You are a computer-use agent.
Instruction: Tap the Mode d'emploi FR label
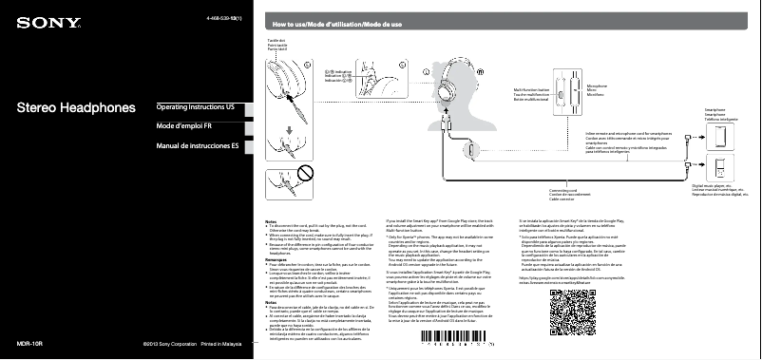(184, 126)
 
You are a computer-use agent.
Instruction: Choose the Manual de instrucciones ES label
(197, 146)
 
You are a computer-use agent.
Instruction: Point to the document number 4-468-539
(223, 18)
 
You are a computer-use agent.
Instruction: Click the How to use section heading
(337, 23)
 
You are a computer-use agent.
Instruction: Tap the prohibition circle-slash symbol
(306, 172)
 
